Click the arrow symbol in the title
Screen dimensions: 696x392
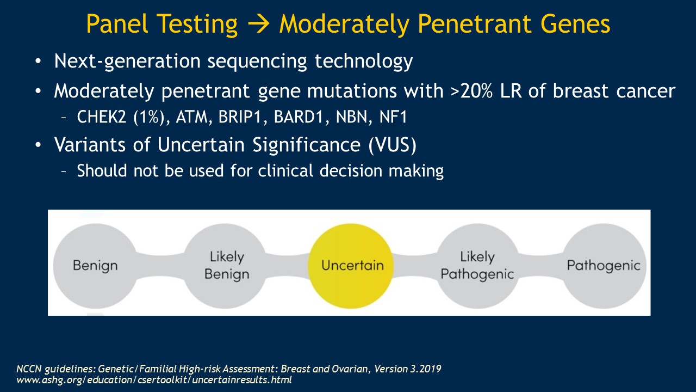click(258, 24)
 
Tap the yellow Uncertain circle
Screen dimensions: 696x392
click(351, 266)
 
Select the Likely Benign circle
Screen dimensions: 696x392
click(225, 266)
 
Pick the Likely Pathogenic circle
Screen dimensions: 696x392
click(478, 266)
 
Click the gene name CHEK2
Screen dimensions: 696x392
click(102, 117)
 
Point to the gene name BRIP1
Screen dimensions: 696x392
click(240, 117)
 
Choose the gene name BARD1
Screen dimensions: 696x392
click(299, 117)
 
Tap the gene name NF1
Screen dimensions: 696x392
click(393, 117)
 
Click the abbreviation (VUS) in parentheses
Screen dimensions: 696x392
click(393, 145)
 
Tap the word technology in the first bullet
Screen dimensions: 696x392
click(364, 62)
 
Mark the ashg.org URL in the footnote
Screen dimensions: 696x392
click(154, 380)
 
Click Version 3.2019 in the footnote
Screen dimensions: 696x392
click(408, 369)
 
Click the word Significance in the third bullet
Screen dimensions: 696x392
click(306, 145)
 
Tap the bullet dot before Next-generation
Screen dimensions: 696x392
click(38, 61)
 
